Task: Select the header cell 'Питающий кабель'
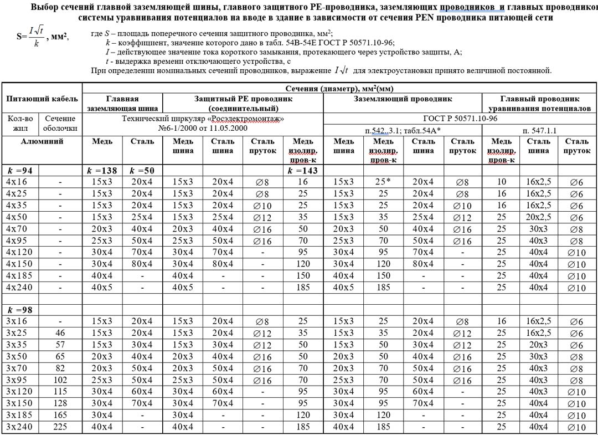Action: coord(42,99)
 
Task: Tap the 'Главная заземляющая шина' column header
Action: coord(122,104)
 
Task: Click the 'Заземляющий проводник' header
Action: coord(403,99)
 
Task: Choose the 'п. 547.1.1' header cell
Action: coord(539,130)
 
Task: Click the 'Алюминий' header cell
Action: coord(42,141)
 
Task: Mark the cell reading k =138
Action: coord(102,171)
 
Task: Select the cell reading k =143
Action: coord(303,171)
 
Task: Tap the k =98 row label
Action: coord(20,310)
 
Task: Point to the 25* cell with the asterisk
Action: coord(383,182)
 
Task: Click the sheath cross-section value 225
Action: coord(61,427)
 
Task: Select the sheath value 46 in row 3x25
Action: coord(61,333)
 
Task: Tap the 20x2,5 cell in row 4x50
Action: coord(539,217)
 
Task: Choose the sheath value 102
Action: coord(61,380)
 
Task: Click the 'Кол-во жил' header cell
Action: coord(20,123)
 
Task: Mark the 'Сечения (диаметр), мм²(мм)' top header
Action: coord(339,88)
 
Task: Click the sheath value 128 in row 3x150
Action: coord(61,403)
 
